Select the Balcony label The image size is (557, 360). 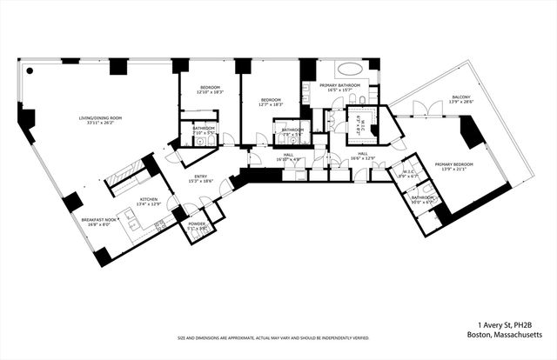click(x=460, y=99)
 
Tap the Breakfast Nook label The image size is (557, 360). click(x=100, y=222)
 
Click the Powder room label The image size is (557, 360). click(x=198, y=226)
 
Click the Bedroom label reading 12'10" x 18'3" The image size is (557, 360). click(x=211, y=89)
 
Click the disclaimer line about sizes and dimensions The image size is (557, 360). click(x=272, y=337)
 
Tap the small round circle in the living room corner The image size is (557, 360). click(x=29, y=71)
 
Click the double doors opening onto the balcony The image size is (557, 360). click(x=417, y=108)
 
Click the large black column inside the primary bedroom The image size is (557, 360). click(x=473, y=132)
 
